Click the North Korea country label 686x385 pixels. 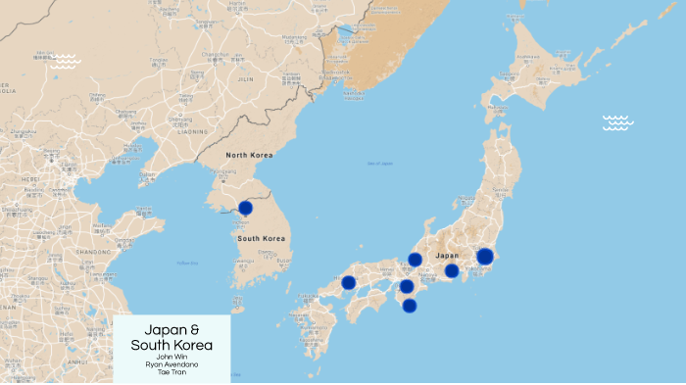click(249, 155)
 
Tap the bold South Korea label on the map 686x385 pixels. click(262, 239)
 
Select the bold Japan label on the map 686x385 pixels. click(447, 255)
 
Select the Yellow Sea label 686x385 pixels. click(187, 263)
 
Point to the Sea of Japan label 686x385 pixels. click(380, 164)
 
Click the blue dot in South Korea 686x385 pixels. click(245, 208)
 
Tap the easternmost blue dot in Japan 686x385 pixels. click(485, 257)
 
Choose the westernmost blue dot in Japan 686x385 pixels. click(349, 282)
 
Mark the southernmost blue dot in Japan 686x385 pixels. click(410, 306)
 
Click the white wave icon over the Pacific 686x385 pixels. click(617, 122)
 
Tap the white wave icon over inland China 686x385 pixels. click(67, 61)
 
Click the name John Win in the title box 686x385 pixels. click(171, 356)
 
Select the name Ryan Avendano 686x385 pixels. click(171, 364)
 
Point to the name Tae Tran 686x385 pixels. click(171, 373)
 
